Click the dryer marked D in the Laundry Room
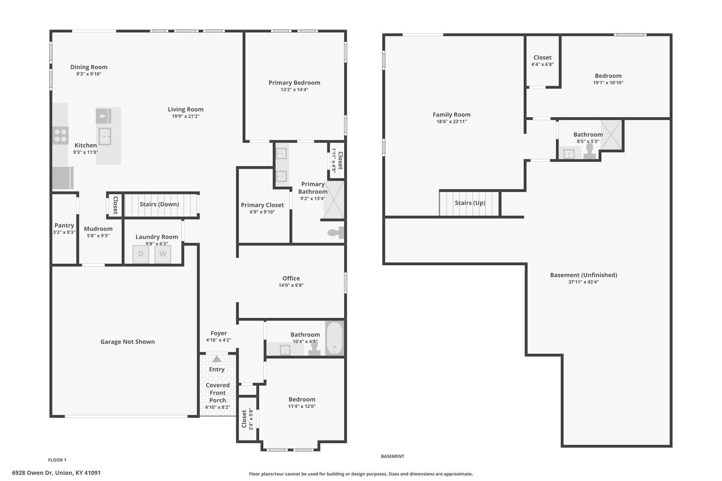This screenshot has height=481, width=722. (141, 254)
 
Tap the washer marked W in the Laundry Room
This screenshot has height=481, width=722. (163, 254)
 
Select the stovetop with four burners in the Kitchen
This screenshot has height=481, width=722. (60, 136)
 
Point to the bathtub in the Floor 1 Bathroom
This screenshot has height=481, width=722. (334, 338)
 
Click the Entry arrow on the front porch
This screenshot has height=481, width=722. (217, 359)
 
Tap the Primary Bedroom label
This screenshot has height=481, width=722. (294, 83)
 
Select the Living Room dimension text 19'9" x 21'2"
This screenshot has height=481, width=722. (186, 116)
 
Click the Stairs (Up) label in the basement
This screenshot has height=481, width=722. (470, 203)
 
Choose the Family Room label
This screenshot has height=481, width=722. (452, 115)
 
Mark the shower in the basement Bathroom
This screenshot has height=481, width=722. (611, 135)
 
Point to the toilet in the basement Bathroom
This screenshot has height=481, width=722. (589, 152)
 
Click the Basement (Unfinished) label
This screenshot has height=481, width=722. (583, 275)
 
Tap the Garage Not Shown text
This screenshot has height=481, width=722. (128, 342)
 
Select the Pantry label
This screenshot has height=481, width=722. (64, 226)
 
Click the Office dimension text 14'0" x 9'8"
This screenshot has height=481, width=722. (291, 285)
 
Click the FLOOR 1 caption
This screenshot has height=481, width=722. (57, 460)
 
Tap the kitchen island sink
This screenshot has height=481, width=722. (105, 136)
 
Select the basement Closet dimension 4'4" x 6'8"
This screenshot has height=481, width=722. (543, 64)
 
